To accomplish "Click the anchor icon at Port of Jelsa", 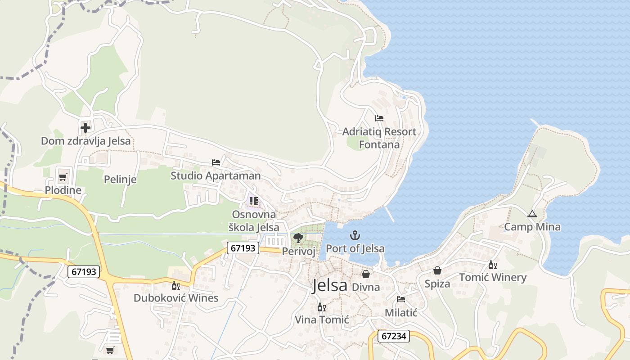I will (355, 235).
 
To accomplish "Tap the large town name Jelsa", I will (330, 286).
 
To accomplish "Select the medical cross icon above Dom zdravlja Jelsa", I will (85, 128).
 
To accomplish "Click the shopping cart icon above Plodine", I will (63, 177).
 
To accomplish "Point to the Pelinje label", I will (120, 180).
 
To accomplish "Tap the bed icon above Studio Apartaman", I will (216, 162).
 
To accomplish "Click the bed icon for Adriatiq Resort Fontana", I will (379, 119).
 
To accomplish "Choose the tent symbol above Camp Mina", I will (532, 214).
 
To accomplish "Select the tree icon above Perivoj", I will (297, 238).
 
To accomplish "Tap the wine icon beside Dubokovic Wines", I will (175, 285).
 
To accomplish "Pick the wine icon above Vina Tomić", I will (321, 307).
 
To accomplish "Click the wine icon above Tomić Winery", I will (493, 265).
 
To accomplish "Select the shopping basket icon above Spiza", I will (437, 270).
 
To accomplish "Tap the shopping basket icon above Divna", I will (366, 274).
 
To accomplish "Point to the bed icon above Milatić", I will (401, 299).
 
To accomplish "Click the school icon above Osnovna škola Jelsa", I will (254, 201).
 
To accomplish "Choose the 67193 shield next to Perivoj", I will (243, 248).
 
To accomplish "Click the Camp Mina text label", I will (532, 227).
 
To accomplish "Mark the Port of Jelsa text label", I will (355, 248).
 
